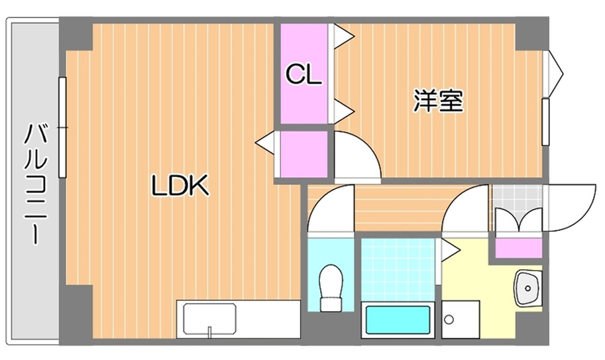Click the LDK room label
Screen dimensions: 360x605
coord(180,186)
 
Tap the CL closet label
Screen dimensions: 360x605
coord(303,74)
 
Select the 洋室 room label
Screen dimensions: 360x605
coord(438,101)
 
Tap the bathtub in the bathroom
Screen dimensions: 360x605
coord(398,322)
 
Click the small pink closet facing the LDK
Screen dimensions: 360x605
coord(303,154)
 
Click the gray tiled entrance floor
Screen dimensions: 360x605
coord(516,196)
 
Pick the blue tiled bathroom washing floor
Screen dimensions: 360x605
coord(398,269)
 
